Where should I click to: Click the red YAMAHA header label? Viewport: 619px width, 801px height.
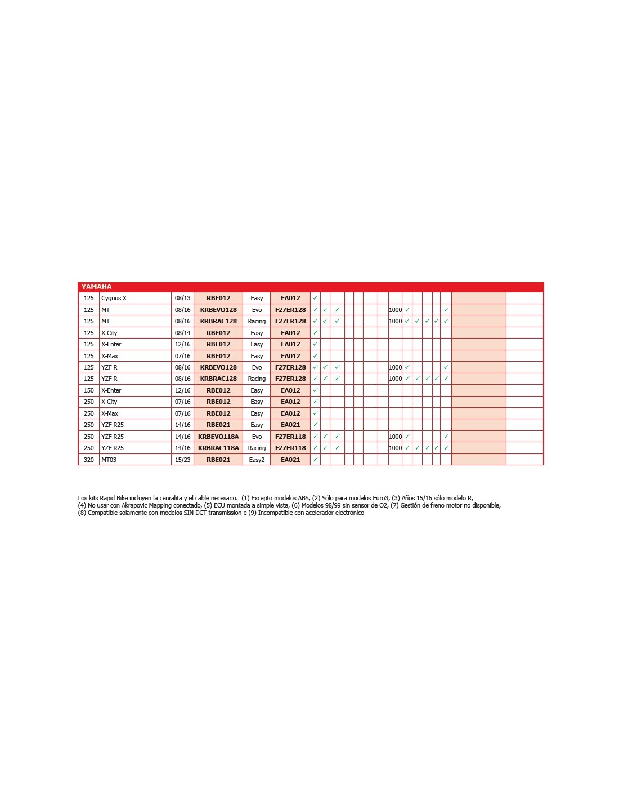coord(97,287)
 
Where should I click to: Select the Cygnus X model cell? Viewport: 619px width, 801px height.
coord(114,298)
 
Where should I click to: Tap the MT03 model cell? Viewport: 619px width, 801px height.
coord(109,460)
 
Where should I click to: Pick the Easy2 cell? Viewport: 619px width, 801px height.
coord(257,460)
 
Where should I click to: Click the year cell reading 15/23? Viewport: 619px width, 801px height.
coord(182,460)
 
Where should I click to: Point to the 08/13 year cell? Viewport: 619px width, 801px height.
coord(182,298)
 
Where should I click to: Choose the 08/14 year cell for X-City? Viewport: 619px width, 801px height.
coord(182,333)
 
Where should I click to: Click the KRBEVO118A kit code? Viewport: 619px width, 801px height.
coord(218,437)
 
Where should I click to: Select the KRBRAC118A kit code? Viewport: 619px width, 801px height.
coord(218,448)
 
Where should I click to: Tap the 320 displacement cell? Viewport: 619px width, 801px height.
coord(89,460)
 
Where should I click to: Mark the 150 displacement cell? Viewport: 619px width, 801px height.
coord(89,390)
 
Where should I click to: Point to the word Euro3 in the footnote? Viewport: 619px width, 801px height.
coord(379,498)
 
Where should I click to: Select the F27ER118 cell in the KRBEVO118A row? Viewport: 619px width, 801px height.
coord(290,437)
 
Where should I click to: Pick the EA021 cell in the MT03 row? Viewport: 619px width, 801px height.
coord(290,460)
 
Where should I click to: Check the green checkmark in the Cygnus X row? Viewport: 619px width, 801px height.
coord(315,298)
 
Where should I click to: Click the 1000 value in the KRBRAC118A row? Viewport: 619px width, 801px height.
coord(395,448)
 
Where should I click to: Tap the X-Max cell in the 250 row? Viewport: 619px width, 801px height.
coord(110,413)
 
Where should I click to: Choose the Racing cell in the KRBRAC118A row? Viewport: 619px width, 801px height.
coord(257,448)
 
